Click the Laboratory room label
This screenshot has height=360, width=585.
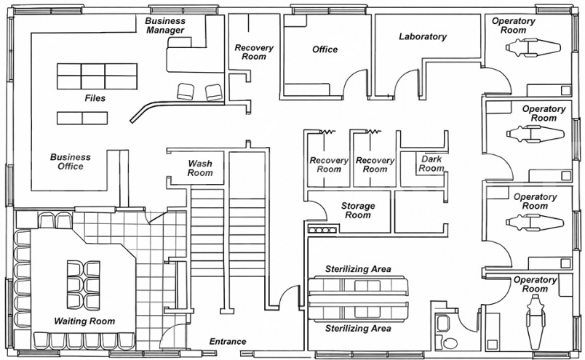tap(422, 36)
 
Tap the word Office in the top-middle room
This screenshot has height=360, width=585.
tap(325, 49)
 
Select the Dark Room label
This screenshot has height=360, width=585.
tap(431, 163)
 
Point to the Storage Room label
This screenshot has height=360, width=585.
tap(358, 211)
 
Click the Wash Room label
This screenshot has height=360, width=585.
tap(200, 168)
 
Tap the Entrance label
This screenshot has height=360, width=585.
tap(228, 341)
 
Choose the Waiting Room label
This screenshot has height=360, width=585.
tap(84, 321)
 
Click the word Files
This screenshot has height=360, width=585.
tap(95, 97)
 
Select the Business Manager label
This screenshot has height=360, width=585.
tap(166, 25)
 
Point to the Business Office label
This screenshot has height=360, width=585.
tap(71, 161)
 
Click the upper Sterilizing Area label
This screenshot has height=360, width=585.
tap(358, 269)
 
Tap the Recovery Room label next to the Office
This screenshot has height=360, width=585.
tap(254, 52)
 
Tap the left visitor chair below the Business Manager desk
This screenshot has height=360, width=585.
tap(186, 92)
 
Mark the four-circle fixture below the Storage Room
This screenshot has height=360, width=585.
tap(323, 231)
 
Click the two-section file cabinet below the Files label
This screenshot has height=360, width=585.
tap(82, 117)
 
